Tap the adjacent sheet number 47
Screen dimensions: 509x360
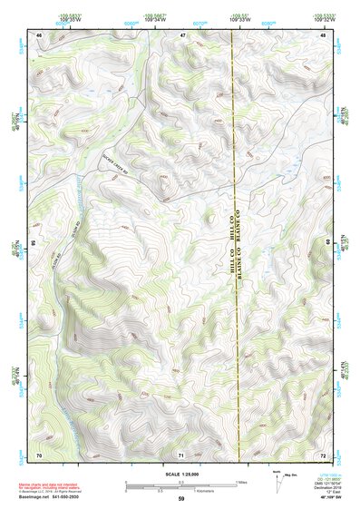(182, 34)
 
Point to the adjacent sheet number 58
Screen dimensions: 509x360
(34, 243)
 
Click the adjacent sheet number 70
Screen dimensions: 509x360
(39, 454)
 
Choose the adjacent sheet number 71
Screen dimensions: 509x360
(181, 454)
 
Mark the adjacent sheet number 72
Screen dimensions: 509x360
(323, 454)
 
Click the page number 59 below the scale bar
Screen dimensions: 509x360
(181, 500)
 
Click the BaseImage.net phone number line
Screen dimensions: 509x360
(51, 497)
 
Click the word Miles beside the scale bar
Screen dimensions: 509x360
(241, 482)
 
